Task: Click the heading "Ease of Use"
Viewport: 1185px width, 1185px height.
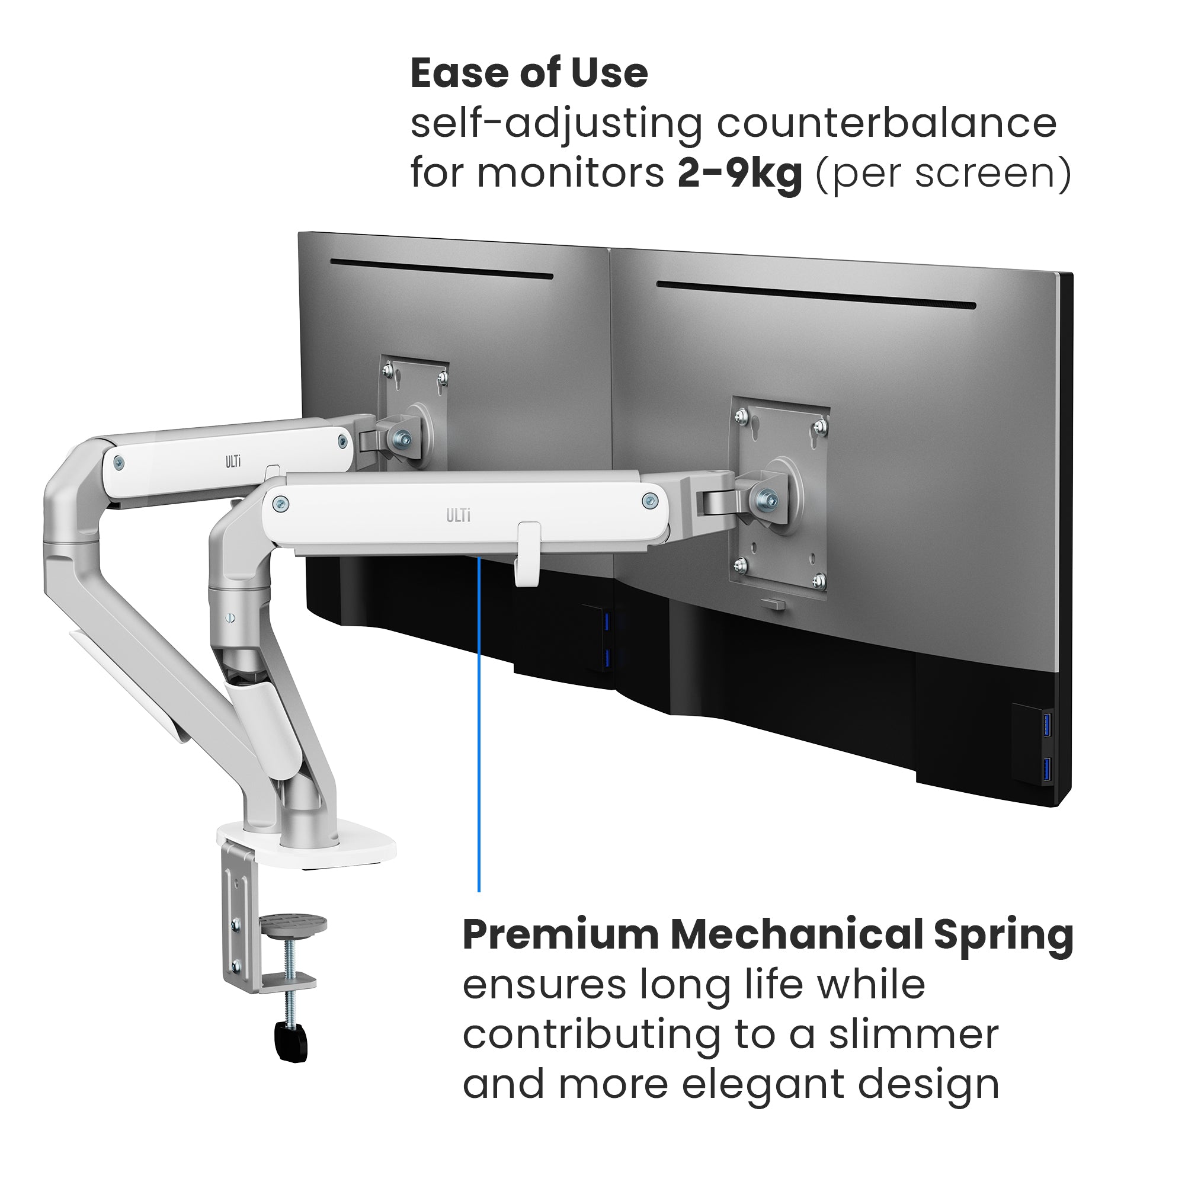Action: tap(529, 73)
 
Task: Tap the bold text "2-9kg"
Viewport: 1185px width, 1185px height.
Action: tap(739, 173)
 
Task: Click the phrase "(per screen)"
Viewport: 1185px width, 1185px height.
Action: tap(943, 173)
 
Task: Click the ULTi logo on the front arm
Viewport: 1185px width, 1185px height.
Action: tap(458, 516)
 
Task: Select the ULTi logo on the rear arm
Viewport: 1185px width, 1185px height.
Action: tap(233, 462)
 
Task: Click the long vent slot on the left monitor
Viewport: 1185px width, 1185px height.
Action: tap(441, 269)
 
